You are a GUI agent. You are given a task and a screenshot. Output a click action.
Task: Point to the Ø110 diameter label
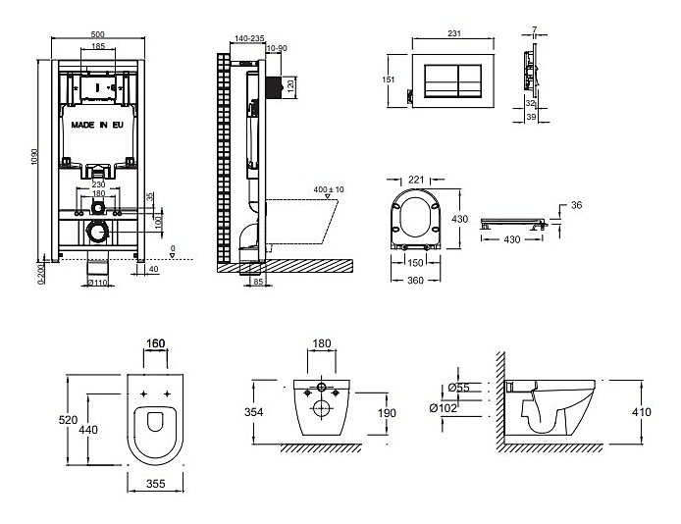96,282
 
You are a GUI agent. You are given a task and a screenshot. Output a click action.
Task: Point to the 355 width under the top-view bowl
156,482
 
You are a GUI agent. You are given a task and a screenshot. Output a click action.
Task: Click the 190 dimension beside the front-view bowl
387,412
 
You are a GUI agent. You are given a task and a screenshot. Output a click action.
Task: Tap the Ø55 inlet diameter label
461,389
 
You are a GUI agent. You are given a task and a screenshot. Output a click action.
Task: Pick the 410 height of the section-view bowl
640,412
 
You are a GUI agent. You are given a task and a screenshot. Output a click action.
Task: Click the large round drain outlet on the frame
97,233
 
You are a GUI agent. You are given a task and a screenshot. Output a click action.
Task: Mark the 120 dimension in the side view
289,85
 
